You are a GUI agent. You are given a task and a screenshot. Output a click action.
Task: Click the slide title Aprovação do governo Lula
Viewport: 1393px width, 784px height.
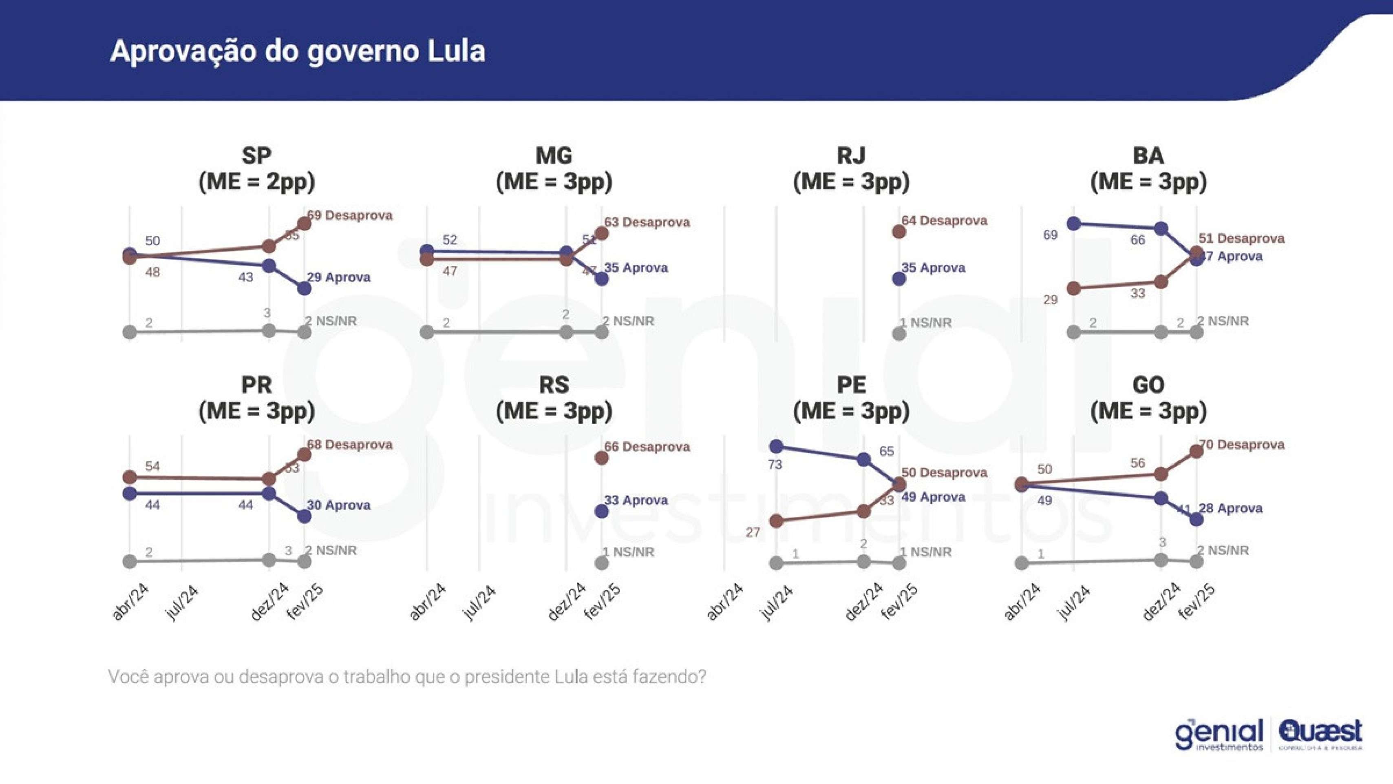pos(298,51)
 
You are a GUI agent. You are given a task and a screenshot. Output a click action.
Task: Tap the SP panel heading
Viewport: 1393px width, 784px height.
pos(256,169)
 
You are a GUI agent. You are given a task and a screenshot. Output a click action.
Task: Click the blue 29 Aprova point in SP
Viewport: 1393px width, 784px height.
pos(305,289)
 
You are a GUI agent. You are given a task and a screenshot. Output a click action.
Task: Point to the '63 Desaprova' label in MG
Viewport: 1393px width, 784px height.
pos(647,222)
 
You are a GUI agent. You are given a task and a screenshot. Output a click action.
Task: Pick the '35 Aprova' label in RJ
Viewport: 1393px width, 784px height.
pos(933,268)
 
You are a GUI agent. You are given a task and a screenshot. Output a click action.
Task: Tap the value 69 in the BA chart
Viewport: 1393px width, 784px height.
pos(1050,235)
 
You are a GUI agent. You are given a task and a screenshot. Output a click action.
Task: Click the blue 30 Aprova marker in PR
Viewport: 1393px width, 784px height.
pos(305,517)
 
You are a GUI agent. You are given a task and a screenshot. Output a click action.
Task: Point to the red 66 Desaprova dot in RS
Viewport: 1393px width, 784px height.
pos(601,458)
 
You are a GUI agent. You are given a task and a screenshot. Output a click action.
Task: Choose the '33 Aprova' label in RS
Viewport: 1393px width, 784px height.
pos(636,501)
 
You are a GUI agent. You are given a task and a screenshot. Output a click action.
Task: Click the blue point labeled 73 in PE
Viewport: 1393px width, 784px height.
pos(776,446)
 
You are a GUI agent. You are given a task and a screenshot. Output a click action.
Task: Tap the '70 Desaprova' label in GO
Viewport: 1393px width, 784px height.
pos(1241,445)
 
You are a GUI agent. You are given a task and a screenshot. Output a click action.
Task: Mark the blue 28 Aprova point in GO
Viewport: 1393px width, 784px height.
pos(1197,519)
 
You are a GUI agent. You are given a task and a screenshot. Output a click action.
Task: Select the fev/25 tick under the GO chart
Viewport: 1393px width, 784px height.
pos(1198,602)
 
